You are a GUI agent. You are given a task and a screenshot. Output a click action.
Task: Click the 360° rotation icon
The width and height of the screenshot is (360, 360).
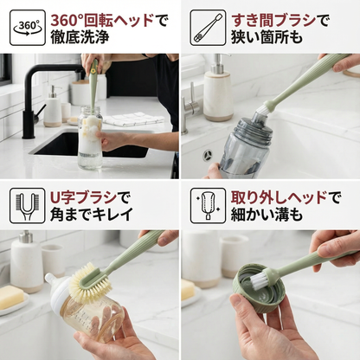tap(28, 28)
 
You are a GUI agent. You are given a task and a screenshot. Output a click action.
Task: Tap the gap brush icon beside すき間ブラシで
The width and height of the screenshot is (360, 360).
tap(208, 28)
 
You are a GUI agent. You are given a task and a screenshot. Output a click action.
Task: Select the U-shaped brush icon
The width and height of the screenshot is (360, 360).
tap(28, 206)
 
